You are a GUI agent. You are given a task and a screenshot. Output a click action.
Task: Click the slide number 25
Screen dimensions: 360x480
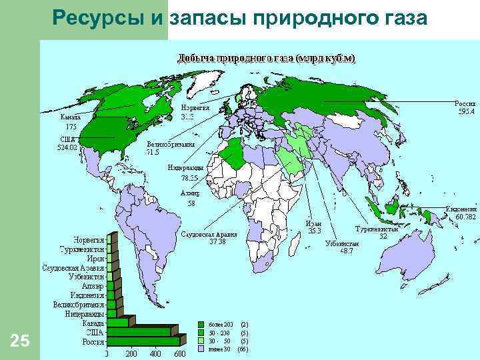[x=21, y=341]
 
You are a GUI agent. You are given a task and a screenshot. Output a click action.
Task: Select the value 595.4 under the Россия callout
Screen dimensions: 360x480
[x=466, y=112]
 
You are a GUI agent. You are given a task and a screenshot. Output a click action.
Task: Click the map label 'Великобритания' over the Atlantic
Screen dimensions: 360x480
[x=171, y=144]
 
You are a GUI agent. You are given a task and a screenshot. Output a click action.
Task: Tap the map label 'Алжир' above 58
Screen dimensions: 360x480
[x=190, y=193]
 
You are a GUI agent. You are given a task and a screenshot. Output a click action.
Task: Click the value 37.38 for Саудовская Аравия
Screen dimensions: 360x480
[x=217, y=242]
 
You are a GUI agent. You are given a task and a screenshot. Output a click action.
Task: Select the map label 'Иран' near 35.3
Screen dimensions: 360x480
[x=313, y=223]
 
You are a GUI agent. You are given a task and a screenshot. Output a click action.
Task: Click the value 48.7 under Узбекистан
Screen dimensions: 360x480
[x=346, y=251]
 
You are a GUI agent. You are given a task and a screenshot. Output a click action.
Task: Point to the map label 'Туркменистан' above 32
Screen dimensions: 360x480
[x=376, y=229]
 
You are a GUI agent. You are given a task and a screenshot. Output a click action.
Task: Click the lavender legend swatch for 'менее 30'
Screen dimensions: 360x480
[x=202, y=349]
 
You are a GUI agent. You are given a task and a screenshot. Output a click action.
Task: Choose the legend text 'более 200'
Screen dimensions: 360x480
[x=220, y=324]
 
